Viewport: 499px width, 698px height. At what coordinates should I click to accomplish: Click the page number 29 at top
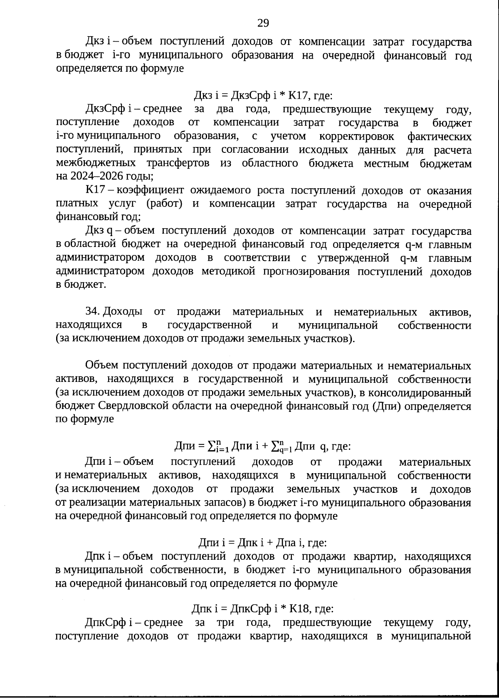pyautogui.click(x=263, y=22)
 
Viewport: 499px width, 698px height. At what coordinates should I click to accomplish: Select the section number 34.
pyautogui.click(x=92, y=312)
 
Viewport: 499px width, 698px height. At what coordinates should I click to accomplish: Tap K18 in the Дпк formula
pyautogui.click(x=298, y=609)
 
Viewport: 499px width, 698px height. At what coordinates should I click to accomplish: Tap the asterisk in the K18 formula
pyautogui.click(x=283, y=609)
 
